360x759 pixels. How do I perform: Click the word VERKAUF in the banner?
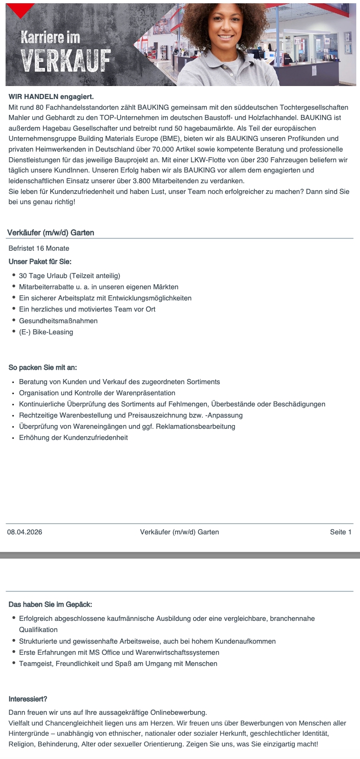(x=66, y=61)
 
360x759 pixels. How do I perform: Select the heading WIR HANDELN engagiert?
(x=51, y=97)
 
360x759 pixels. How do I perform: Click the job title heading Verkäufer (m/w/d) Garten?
(x=51, y=233)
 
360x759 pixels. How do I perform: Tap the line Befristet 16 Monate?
(x=39, y=248)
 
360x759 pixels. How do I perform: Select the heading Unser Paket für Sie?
(x=40, y=261)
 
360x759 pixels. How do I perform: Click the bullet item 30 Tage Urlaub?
(x=69, y=276)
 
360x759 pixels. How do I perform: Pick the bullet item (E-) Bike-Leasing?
(x=46, y=332)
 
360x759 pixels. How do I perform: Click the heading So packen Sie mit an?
(x=43, y=367)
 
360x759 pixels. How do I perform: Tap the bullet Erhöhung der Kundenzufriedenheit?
(x=73, y=438)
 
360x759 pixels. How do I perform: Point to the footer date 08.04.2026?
(x=25, y=532)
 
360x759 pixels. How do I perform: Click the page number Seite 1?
(x=340, y=532)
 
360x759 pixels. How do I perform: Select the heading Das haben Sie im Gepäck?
(x=50, y=605)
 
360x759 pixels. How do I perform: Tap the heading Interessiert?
(x=28, y=699)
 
